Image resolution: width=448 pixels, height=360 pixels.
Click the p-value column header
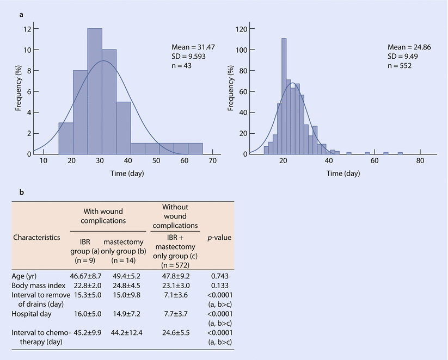coord(219,238)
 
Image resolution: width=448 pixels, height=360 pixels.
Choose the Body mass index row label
coord(35,285)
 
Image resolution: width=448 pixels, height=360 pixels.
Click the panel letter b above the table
coord(21,193)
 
